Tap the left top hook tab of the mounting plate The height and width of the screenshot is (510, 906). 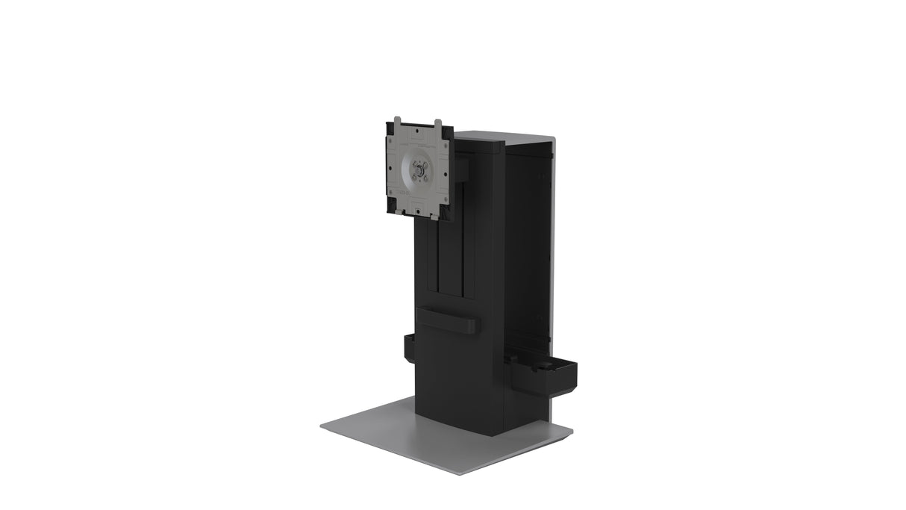point(398,120)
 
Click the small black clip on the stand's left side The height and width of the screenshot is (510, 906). point(409,347)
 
